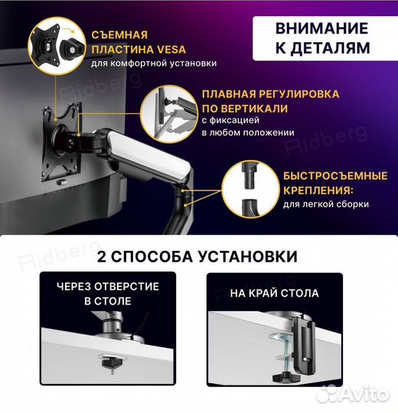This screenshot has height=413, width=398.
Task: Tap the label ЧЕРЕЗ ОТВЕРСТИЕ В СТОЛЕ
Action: click(x=108, y=294)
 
